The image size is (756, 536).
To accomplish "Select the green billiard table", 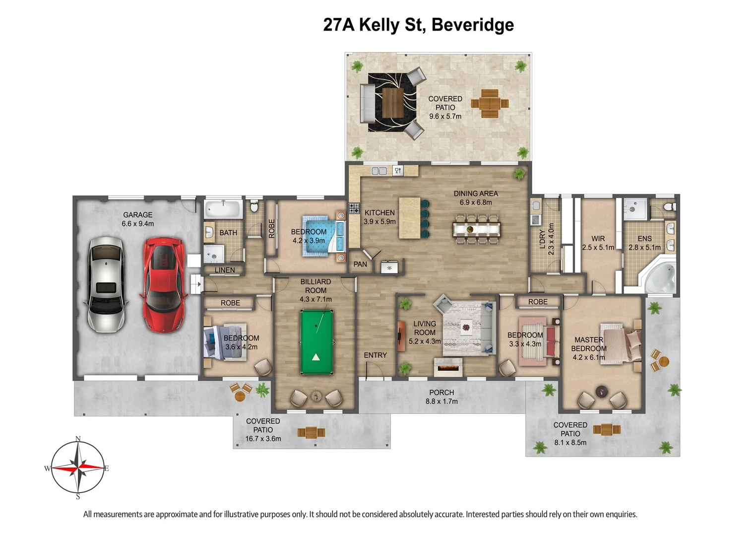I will click(316, 342).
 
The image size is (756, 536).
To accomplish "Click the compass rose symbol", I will click(78, 468).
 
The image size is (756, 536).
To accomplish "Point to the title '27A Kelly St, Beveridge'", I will click(418, 25).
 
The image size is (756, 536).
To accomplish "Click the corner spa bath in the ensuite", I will click(660, 278).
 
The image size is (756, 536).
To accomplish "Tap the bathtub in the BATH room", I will click(223, 209).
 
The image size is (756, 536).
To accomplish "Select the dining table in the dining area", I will click(477, 229).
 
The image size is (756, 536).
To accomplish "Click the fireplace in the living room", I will click(448, 368).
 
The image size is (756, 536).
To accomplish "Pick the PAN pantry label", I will click(360, 264).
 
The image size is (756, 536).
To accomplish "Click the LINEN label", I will click(225, 270).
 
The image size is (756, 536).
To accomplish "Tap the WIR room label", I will click(598, 238).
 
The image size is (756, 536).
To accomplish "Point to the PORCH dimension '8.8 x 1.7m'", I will click(441, 401).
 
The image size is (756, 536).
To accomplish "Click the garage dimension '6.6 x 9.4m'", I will click(138, 223).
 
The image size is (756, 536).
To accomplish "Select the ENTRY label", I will click(375, 355).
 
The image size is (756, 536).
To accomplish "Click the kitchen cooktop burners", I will click(354, 208).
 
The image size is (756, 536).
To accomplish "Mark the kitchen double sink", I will click(379, 171).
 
